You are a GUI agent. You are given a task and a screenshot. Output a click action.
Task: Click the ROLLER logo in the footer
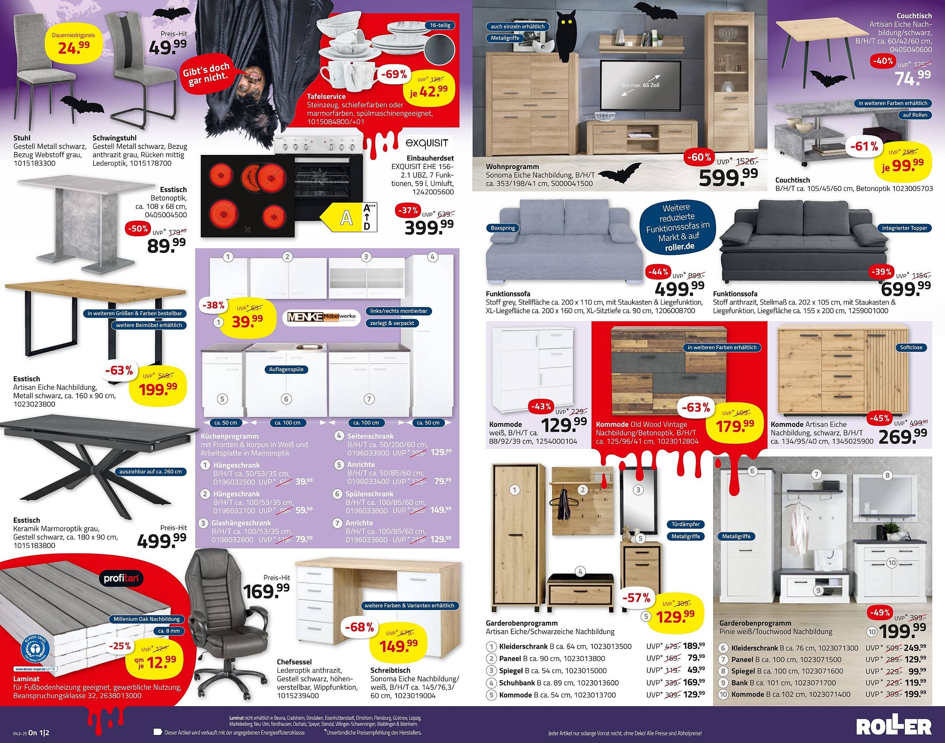click(x=894, y=727)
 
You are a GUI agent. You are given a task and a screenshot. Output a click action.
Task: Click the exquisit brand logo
click(x=426, y=143)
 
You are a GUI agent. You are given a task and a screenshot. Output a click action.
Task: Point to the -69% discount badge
click(x=393, y=74)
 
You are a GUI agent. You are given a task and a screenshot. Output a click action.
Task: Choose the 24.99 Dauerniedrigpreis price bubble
click(x=74, y=44)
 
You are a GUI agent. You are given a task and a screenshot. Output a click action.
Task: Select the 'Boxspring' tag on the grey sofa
click(x=502, y=228)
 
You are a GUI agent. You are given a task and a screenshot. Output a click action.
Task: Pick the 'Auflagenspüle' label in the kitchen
click(x=286, y=369)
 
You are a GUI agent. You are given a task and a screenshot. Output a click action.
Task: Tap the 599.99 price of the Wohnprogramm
click(x=728, y=176)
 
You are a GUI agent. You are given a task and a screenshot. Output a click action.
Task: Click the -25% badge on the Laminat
click(x=120, y=646)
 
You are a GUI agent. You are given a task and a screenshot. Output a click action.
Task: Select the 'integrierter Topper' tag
click(x=904, y=228)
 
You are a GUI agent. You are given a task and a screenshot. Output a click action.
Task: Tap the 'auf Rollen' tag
click(x=915, y=115)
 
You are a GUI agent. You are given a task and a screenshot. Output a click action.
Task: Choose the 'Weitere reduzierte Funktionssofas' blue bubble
click(x=677, y=227)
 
